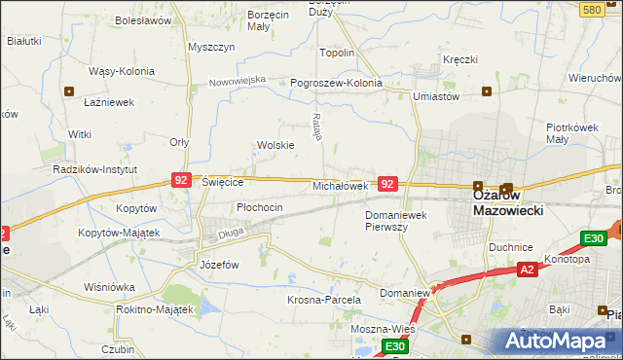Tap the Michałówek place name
[x=339, y=185]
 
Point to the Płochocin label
[x=260, y=207]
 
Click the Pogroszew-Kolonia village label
[x=336, y=83]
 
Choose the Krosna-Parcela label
[x=324, y=300]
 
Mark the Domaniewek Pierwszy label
[x=400, y=220]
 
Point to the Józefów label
[x=218, y=265]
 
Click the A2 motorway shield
[x=527, y=269]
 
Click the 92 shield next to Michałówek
[x=387, y=183]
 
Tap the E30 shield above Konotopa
[x=594, y=238]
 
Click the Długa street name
[x=230, y=233]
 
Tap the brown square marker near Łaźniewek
[x=69, y=91]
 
